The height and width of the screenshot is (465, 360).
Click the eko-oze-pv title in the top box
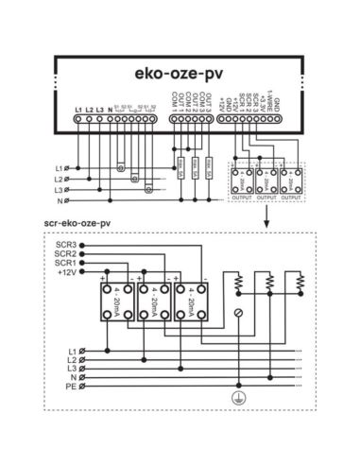coord(180,70)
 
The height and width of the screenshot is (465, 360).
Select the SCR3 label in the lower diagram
coord(65,245)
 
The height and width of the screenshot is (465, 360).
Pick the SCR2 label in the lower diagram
coord(65,254)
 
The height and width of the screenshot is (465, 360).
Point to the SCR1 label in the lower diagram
coord(65,264)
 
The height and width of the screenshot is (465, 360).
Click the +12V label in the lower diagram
coord(66,273)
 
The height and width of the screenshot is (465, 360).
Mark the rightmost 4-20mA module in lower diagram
coord(192,302)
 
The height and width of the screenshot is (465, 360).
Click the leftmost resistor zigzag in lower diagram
coord(239,282)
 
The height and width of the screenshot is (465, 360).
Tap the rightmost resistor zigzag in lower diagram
coord(300,282)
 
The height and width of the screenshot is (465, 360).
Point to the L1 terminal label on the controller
coord(77,111)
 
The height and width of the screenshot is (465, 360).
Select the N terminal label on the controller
coord(111,111)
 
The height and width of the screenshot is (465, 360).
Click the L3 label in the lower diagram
coord(70,367)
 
